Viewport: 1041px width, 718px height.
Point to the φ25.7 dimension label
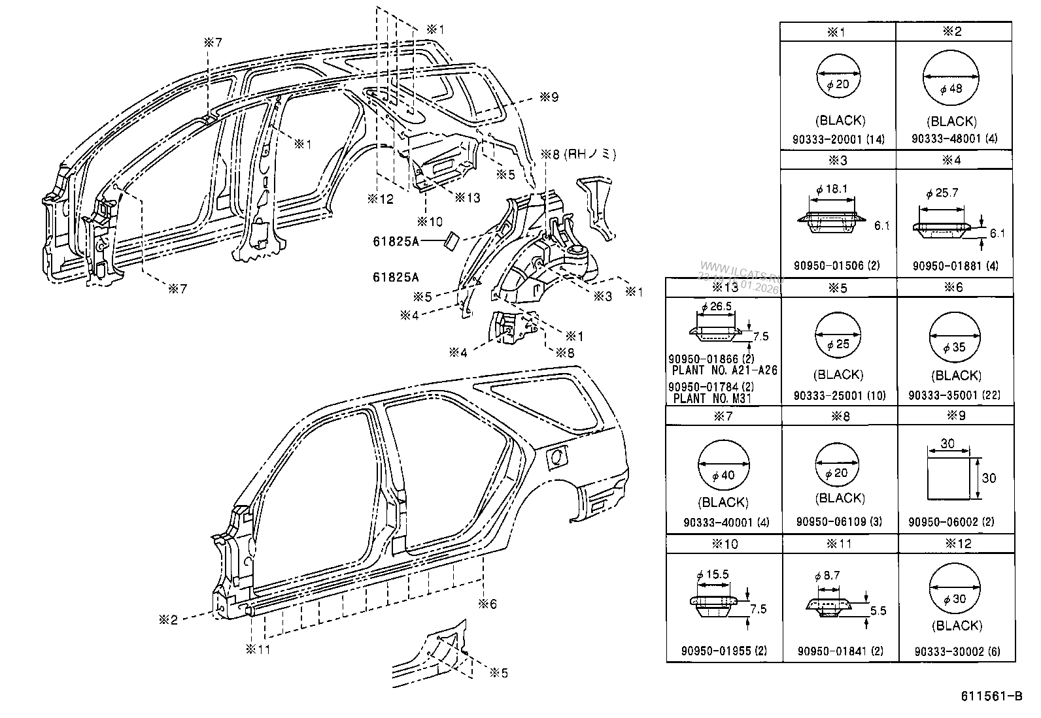pyautogui.click(x=942, y=193)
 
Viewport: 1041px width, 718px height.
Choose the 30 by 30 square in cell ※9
pyautogui.click(x=949, y=478)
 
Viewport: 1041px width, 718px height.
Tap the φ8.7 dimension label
pyautogui.click(x=827, y=576)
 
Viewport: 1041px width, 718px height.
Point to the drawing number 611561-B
pyautogui.click(x=991, y=696)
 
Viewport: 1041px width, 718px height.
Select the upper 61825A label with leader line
pyautogui.click(x=396, y=241)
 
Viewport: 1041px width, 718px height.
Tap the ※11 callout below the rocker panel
pyautogui.click(x=258, y=649)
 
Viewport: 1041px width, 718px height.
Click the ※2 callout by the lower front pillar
pyautogui.click(x=168, y=619)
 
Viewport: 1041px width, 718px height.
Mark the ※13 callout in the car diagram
pyautogui.click(x=467, y=197)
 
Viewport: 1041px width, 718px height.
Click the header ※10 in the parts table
pyautogui.click(x=723, y=544)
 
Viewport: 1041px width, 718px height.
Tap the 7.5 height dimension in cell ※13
pyautogui.click(x=760, y=336)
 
